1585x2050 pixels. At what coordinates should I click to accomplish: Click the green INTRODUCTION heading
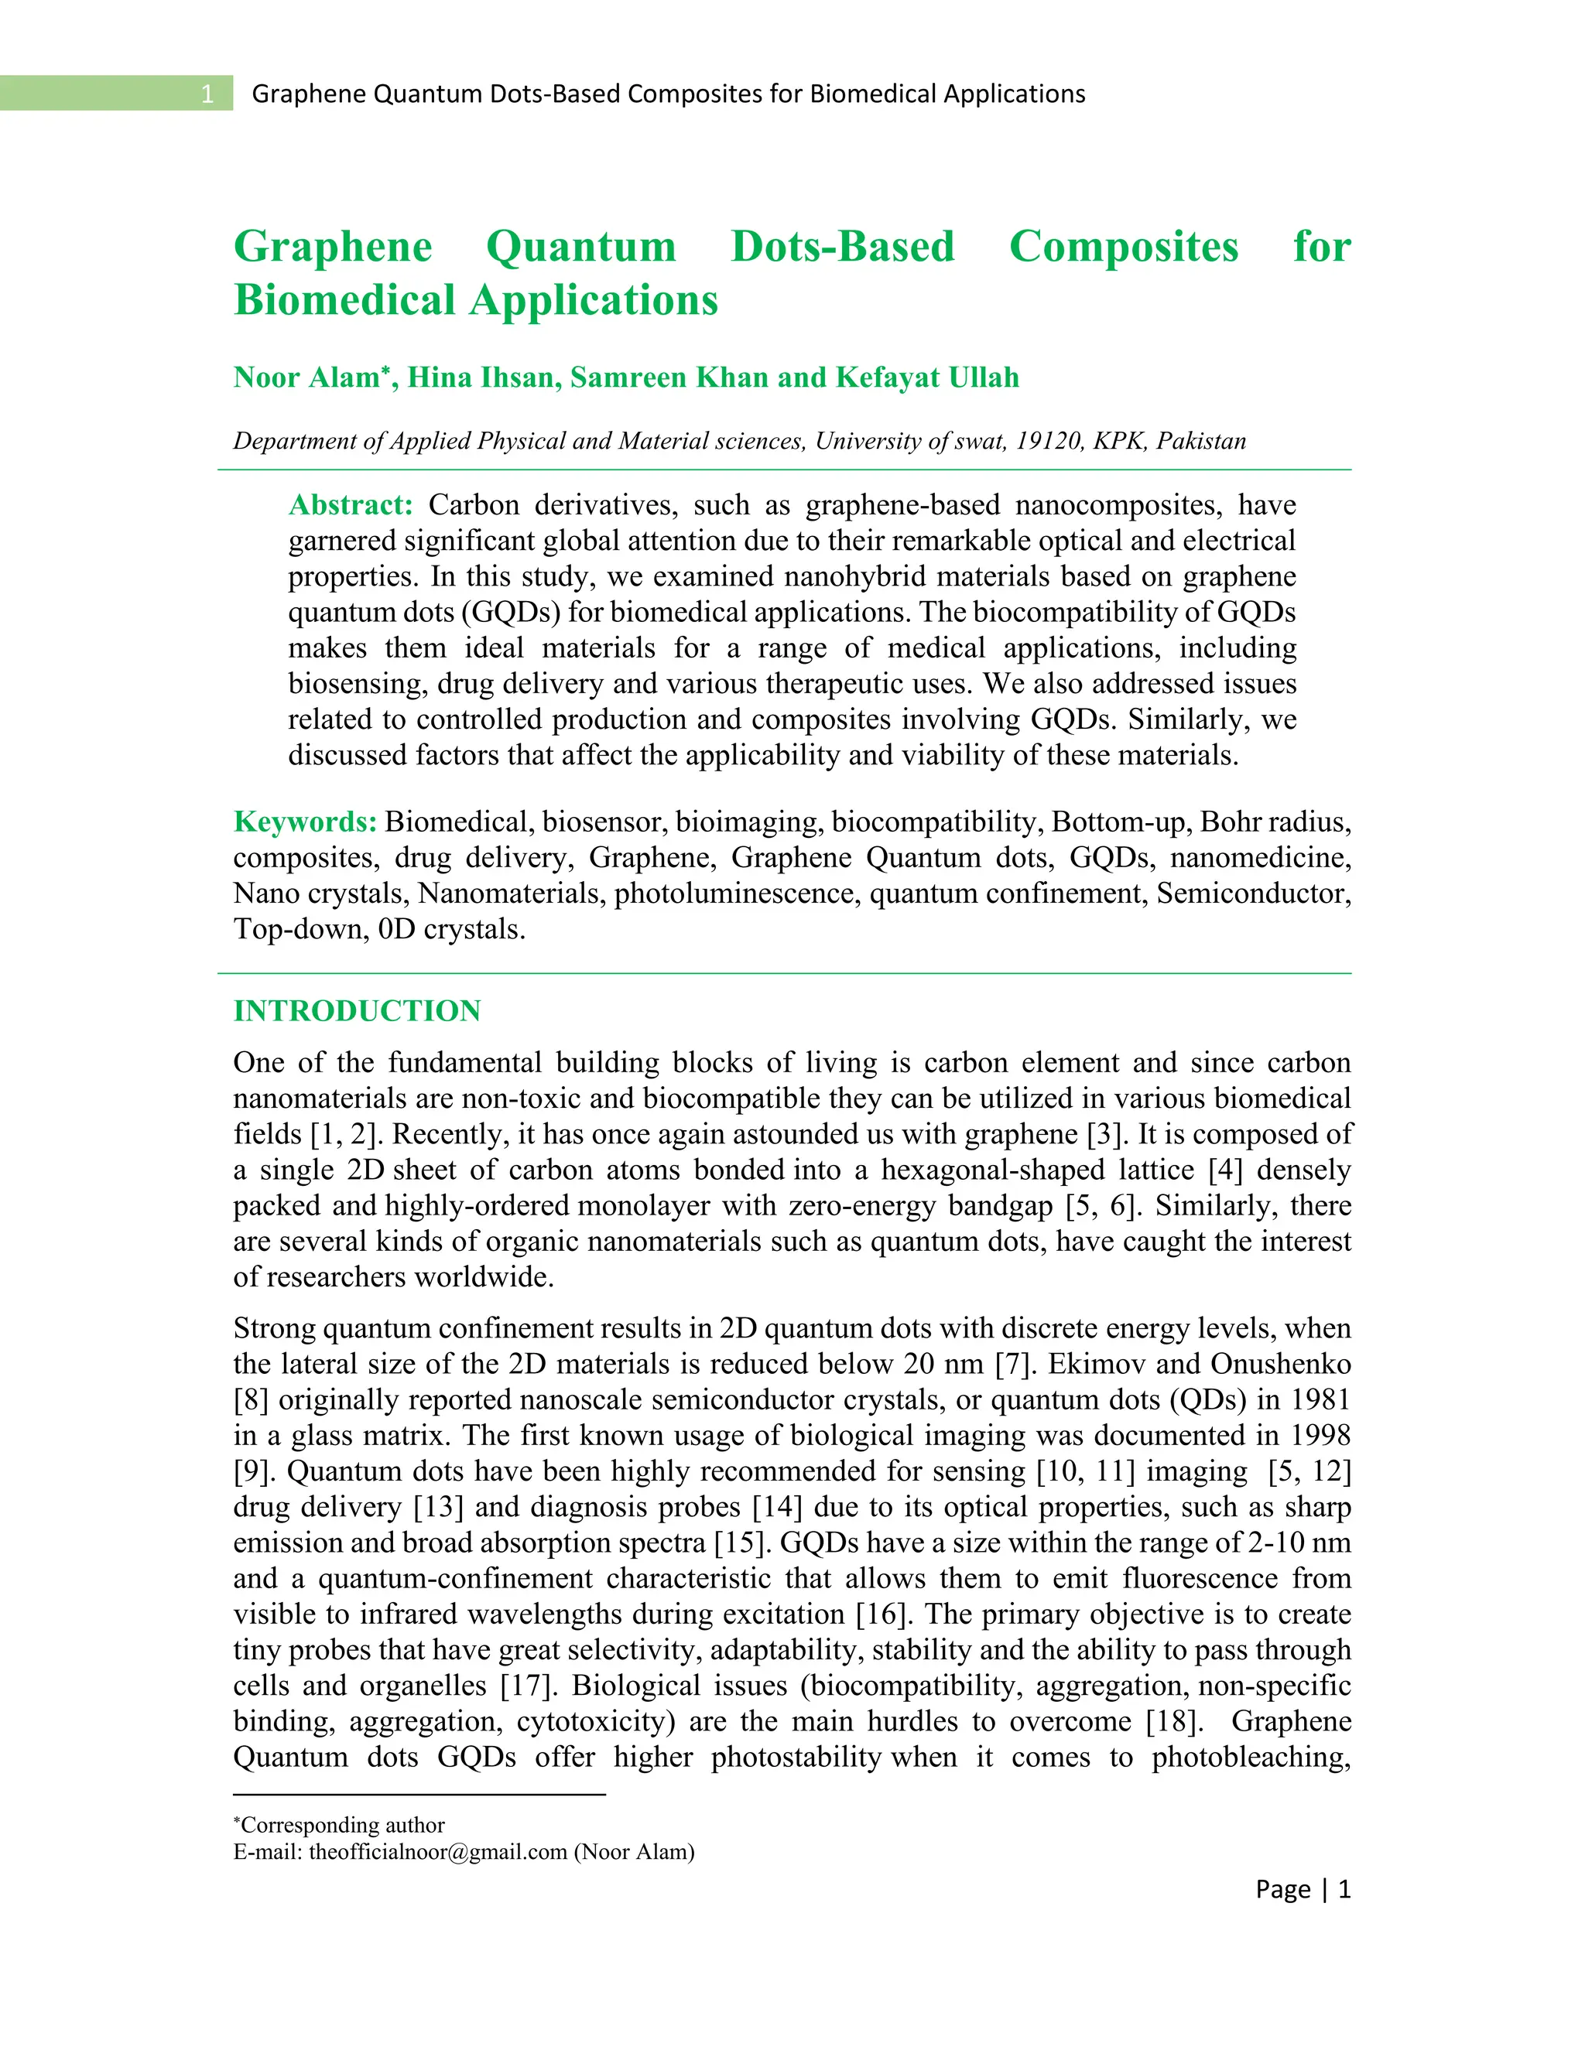point(357,1011)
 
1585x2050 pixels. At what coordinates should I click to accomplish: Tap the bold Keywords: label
point(305,822)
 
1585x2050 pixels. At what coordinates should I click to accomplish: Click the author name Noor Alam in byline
point(308,378)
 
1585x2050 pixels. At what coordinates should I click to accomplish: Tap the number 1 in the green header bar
point(207,94)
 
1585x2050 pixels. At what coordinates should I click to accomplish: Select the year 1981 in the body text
point(1320,1399)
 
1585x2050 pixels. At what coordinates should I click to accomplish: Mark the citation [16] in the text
point(882,1614)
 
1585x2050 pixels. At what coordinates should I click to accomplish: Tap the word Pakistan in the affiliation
point(1201,441)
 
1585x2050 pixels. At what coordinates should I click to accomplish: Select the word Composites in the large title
point(1123,247)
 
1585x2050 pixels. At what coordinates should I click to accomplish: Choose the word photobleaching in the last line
point(1250,1756)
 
